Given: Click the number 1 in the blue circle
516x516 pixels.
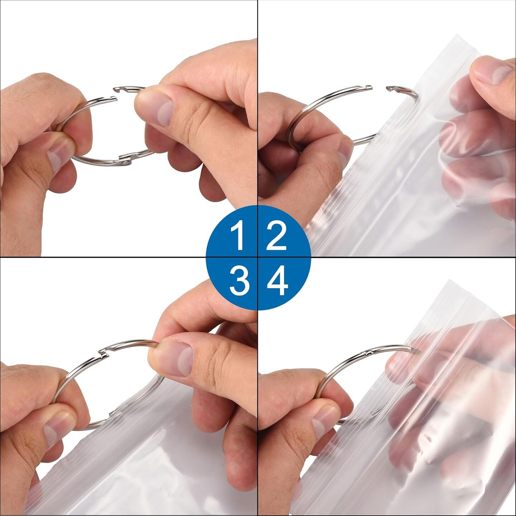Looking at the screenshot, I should (238, 236).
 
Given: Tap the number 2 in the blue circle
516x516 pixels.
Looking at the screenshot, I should (276, 236).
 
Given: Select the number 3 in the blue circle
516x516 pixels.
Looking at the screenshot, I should (239, 281).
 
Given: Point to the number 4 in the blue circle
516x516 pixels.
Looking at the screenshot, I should (277, 281).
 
